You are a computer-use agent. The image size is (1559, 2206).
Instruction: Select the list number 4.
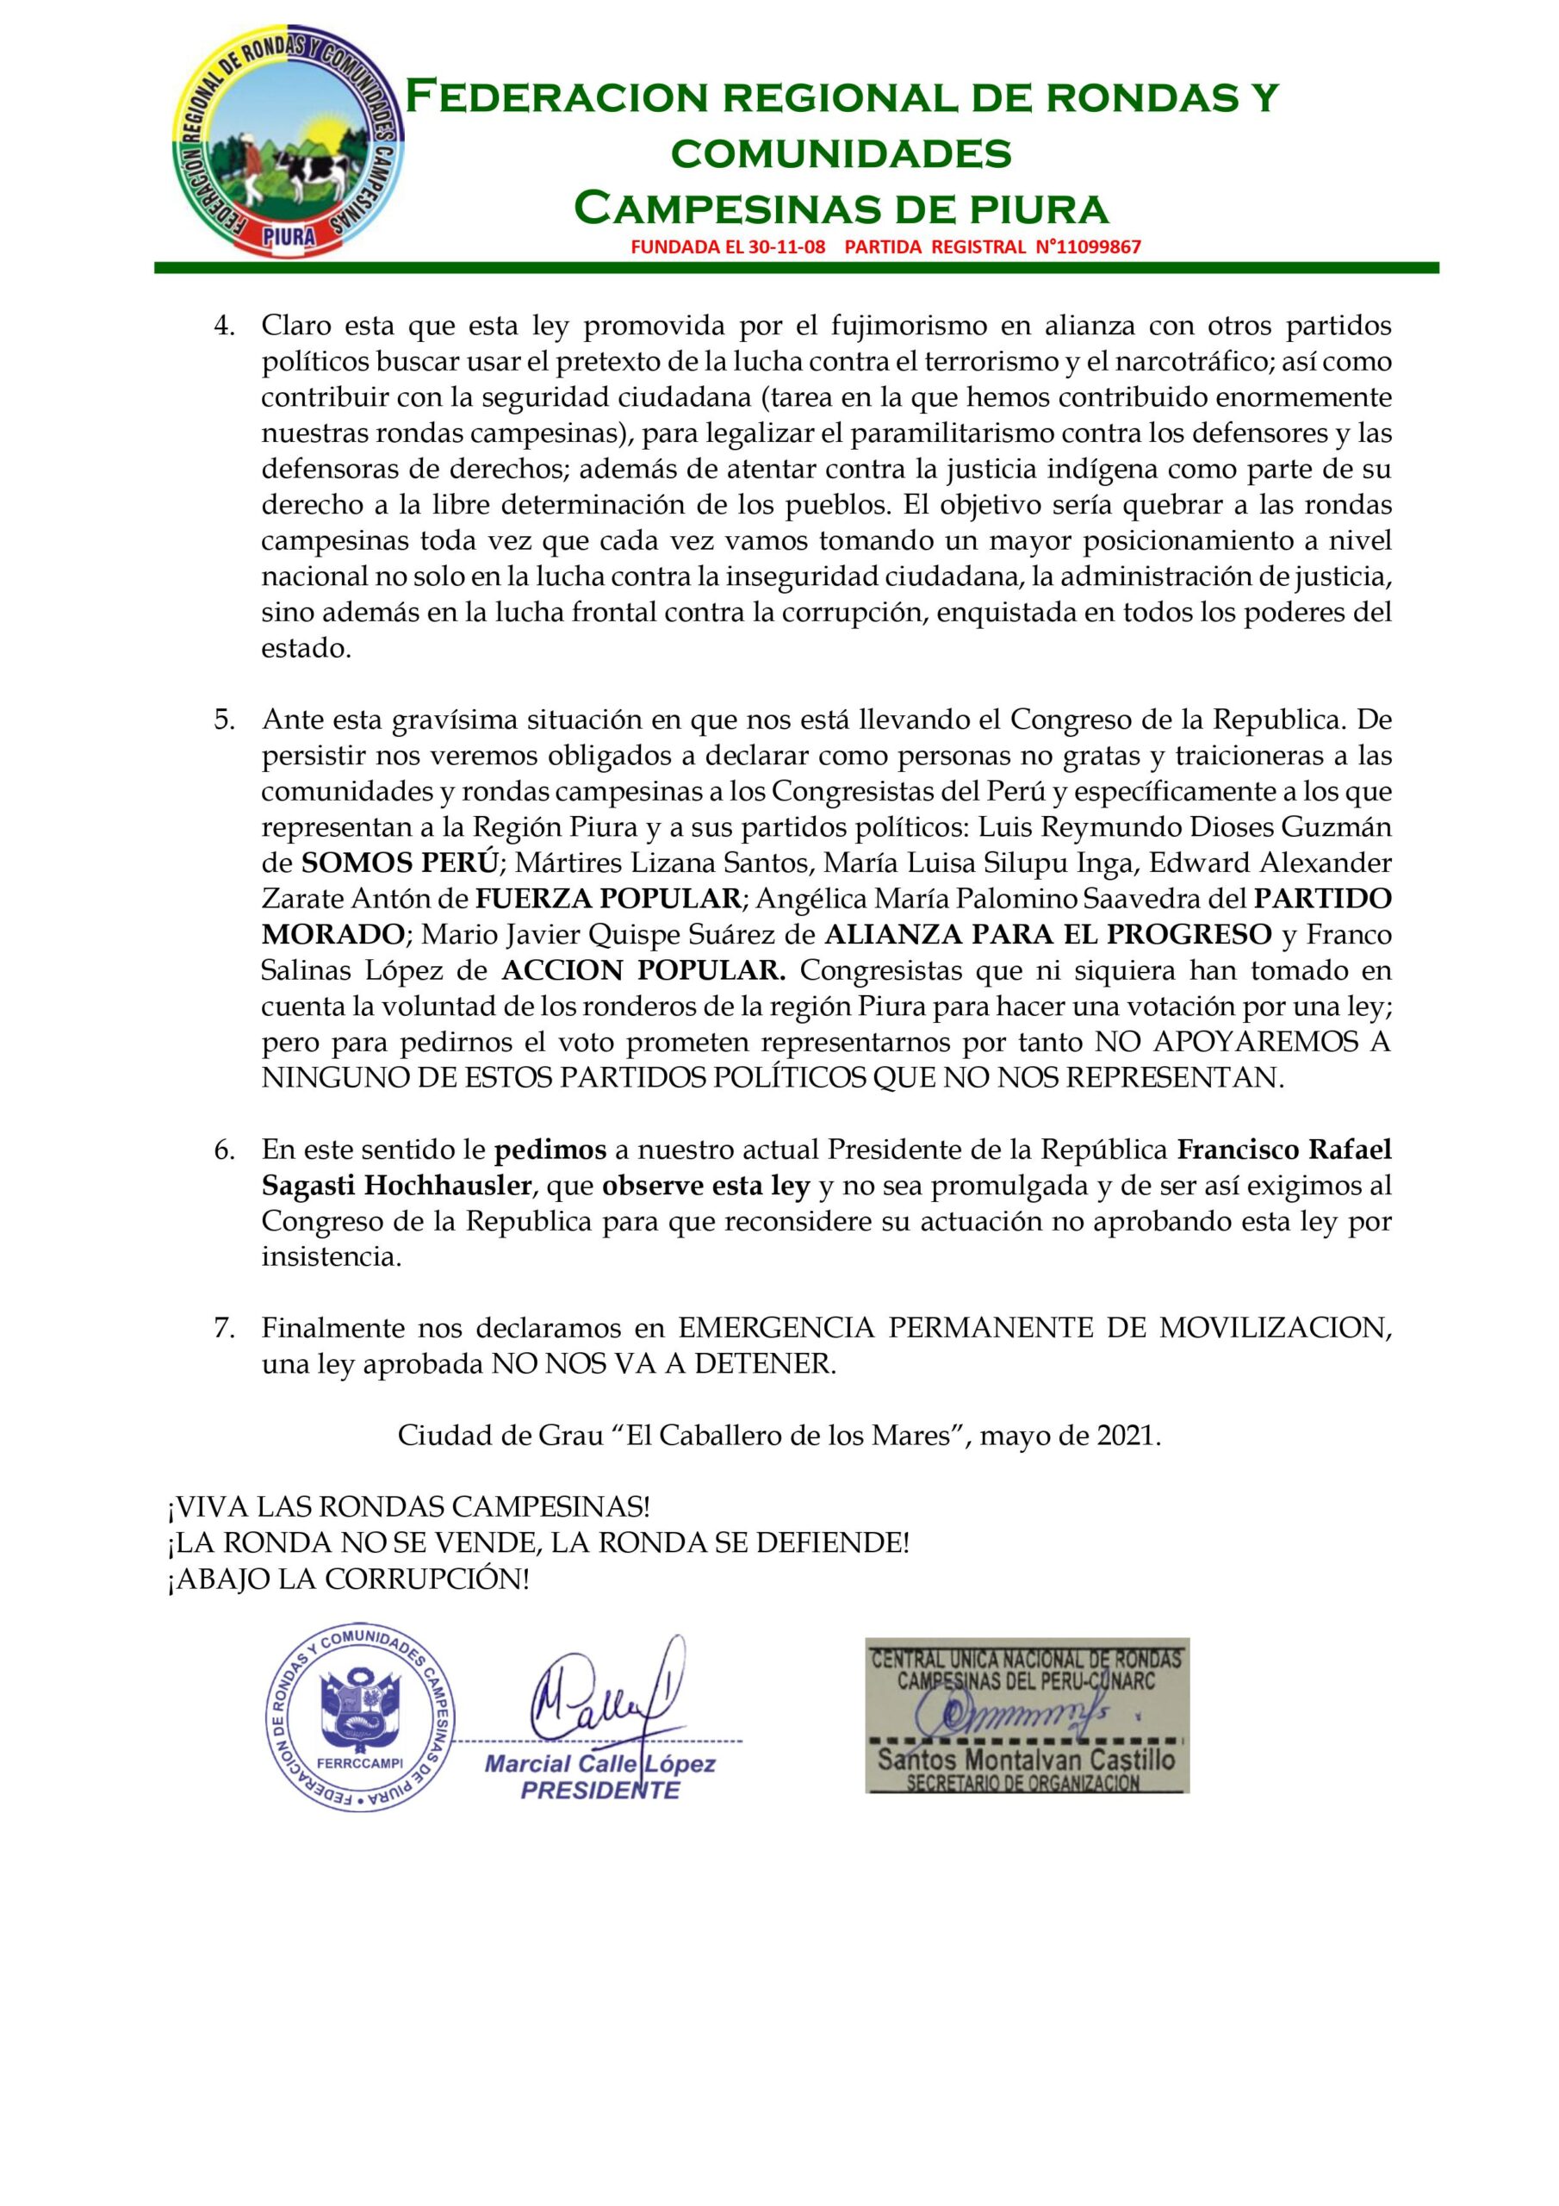click(x=224, y=326)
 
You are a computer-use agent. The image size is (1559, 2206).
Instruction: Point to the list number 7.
click(x=224, y=1328)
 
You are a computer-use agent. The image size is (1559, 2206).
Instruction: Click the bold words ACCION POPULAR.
click(x=643, y=970)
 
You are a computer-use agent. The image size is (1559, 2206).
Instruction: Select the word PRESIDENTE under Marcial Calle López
click(x=599, y=1790)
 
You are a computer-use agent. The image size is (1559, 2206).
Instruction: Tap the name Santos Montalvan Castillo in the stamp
click(x=1025, y=1760)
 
